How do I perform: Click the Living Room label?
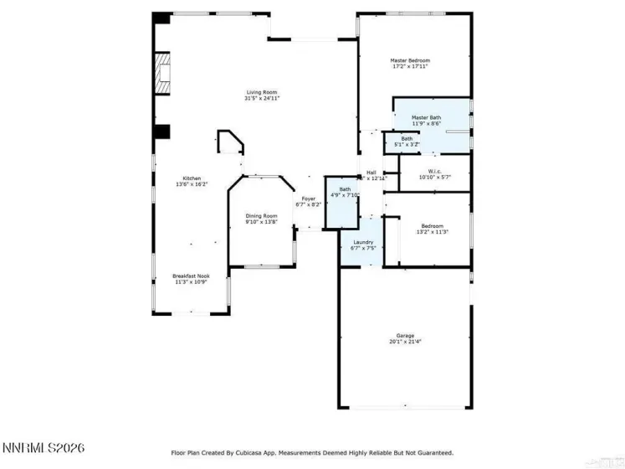(262, 92)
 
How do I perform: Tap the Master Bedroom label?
(410, 60)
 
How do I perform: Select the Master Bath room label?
(426, 117)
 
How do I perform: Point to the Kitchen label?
(192, 178)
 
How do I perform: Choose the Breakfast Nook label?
(191, 276)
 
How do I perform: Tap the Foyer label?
(308, 198)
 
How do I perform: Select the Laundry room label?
(362, 242)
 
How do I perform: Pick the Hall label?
(371, 173)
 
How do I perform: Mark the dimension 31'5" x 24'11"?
(262, 99)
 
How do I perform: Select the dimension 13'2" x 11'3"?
(432, 232)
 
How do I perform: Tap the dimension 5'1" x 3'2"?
(407, 145)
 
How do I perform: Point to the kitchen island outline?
(229, 142)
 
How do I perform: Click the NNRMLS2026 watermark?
(43, 449)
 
